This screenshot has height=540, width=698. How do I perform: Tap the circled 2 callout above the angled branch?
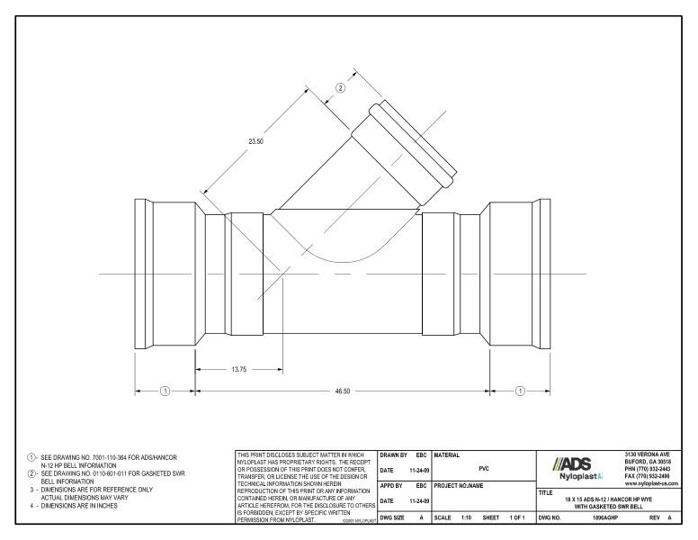[x=341, y=87]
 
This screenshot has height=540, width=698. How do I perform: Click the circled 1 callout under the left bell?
[x=165, y=391]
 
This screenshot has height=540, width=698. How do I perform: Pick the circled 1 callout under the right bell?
[x=520, y=391]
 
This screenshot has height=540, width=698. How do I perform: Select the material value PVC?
[x=484, y=468]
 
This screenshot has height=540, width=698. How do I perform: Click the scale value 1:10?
[x=466, y=518]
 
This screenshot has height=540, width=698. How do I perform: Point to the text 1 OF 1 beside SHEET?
[x=515, y=518]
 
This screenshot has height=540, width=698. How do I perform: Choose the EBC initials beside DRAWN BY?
[x=421, y=454]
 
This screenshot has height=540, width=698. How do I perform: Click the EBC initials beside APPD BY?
[x=421, y=487]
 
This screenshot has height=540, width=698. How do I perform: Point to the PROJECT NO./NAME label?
[x=459, y=487]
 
